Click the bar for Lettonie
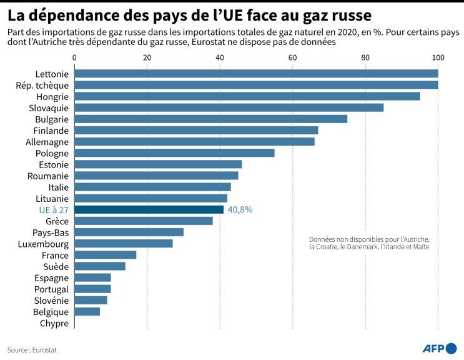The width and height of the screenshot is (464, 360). pos(256,73)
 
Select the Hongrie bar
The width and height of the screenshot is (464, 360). pos(247,96)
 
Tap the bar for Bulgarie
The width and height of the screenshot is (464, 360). pos(211,119)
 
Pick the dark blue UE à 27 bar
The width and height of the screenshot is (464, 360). pos(149,209)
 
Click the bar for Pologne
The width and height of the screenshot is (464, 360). pos(174,152)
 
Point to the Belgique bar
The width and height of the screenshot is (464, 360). pos(87,311)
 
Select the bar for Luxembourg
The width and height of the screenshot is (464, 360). pos(124,243)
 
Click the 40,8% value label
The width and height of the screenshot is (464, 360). pos(240,210)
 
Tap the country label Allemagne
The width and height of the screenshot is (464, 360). pos(47,142)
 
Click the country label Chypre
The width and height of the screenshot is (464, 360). pos(54,323)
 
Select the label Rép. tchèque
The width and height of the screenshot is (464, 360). pos(42,85)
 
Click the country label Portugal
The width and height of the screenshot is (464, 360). pos(51,289)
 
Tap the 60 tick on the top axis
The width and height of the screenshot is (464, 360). pos(292,57)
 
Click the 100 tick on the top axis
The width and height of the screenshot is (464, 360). pos(438,57)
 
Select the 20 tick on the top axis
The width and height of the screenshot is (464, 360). pos(147,57)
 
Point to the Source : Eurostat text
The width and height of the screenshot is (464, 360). pos(32,350)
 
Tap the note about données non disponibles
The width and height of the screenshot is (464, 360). pos(369,243)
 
